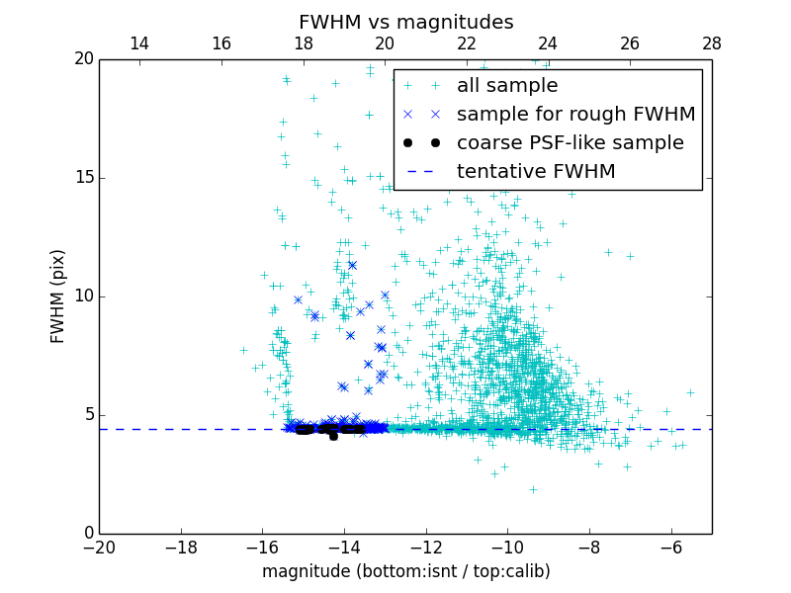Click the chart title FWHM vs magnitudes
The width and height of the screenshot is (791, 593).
tap(405, 22)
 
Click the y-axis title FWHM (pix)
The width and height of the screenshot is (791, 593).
tap(58, 296)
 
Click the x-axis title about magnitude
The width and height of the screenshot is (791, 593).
tap(405, 571)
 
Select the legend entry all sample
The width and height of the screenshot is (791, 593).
tap(507, 86)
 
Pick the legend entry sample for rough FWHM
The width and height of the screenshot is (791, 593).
tap(575, 115)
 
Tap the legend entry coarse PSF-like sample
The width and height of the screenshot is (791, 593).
tap(570, 143)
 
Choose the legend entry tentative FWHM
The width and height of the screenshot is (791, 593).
tap(536, 172)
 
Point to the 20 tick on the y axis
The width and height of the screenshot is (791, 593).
tap(83, 59)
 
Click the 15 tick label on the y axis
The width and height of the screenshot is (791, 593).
tap(83, 178)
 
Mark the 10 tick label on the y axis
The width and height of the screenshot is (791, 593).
tap(83, 296)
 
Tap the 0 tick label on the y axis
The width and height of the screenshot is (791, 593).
tap(88, 534)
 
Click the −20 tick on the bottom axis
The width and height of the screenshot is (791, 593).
tap(99, 547)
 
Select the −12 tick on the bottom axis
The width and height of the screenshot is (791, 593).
tap(426, 547)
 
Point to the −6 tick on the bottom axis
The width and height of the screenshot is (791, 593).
tap(671, 547)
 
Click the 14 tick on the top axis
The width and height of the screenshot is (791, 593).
tap(139, 43)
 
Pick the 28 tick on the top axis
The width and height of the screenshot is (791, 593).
tap(712, 43)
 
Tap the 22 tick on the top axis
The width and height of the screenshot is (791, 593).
tap(467, 43)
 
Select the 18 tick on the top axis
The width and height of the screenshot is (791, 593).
tap(304, 43)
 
